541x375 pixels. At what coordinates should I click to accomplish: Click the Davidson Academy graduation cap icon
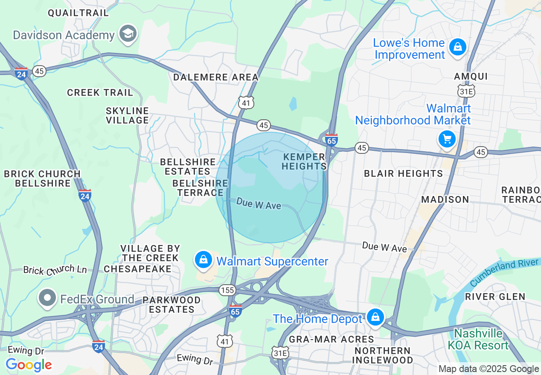(x=128, y=34)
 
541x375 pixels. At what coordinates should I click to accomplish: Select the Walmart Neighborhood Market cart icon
(x=447, y=139)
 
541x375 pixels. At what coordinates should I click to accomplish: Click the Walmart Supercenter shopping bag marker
(x=204, y=259)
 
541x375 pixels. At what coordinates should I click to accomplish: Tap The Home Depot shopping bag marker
(x=375, y=317)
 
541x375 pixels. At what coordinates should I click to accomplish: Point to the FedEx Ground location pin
(x=48, y=298)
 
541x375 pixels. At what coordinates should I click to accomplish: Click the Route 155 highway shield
(x=227, y=290)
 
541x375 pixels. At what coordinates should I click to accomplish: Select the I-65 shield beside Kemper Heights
(x=331, y=139)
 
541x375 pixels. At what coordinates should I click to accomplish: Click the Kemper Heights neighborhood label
(x=304, y=162)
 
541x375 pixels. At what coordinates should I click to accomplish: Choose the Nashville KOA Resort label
(x=478, y=339)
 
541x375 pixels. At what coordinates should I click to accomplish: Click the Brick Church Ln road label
(x=55, y=270)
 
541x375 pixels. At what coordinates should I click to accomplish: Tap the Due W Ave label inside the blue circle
(x=259, y=203)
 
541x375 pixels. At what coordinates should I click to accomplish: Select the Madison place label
(x=445, y=199)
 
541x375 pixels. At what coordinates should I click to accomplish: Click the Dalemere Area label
(x=215, y=77)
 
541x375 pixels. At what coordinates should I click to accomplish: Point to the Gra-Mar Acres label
(x=331, y=339)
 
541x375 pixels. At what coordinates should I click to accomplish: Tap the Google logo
(x=29, y=365)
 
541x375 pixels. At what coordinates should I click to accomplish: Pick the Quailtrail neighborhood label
(x=78, y=13)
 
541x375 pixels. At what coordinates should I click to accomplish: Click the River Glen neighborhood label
(x=495, y=296)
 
